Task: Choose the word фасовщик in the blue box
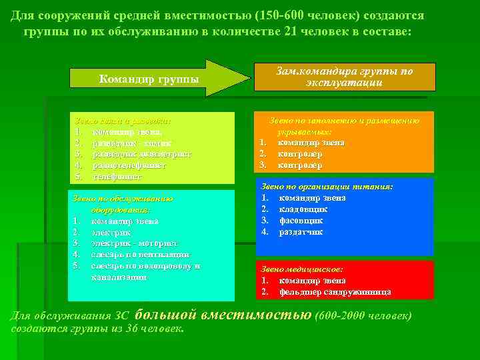(x=301, y=220)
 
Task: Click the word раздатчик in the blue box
(x=301, y=231)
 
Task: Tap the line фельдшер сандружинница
(x=335, y=291)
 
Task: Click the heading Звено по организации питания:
(x=326, y=187)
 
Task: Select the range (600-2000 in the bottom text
(x=339, y=315)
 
